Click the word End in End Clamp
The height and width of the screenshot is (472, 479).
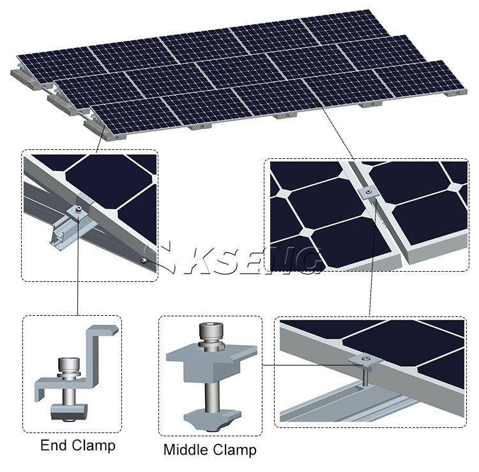tap(53, 445)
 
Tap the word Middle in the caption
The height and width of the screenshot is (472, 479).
tap(186, 450)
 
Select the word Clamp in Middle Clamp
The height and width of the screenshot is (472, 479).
tap(234, 450)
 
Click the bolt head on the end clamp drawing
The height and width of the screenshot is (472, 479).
tap(69, 364)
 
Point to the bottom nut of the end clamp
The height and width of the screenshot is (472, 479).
tap(69, 411)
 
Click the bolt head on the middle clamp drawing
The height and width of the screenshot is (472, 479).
tap(211, 331)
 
